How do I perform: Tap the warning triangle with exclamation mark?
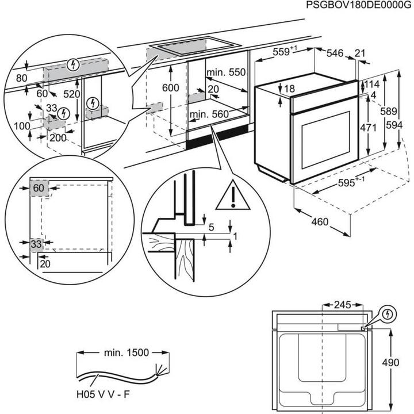tap(233, 195)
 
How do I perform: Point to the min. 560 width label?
tap(209, 114)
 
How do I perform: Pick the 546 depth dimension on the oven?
tap(335, 53)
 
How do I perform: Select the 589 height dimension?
tap(391, 111)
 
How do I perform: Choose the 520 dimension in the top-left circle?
tap(72, 93)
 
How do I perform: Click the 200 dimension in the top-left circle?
tap(56, 138)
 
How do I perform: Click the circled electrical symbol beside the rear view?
tap(388, 314)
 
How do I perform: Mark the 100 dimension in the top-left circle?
tap(21, 126)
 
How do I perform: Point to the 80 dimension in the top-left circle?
tap(21, 78)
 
